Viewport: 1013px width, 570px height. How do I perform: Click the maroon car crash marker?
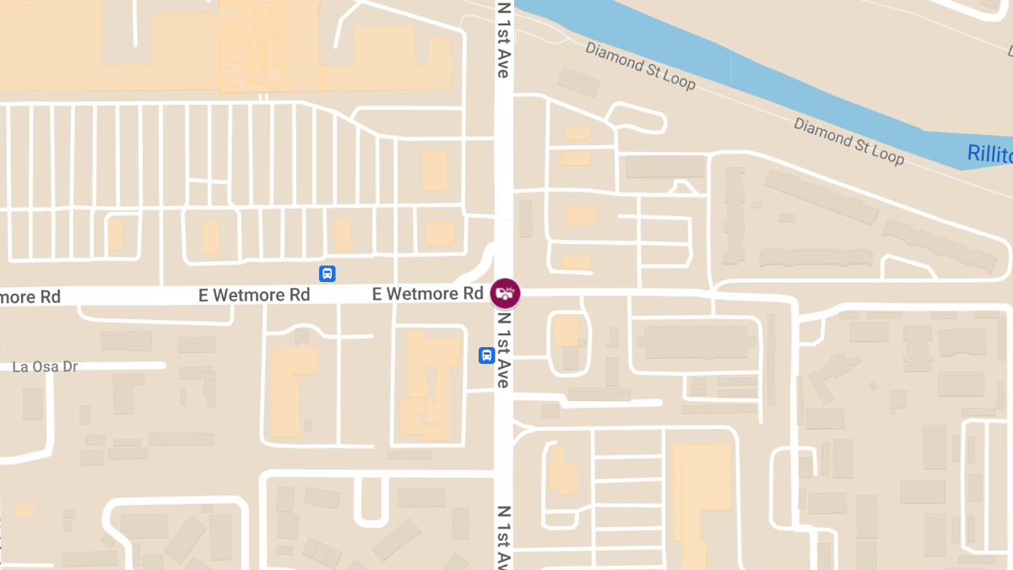(505, 293)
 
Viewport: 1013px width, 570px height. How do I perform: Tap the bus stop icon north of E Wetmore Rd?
(328, 274)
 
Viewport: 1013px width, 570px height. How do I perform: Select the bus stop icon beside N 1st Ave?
(486, 356)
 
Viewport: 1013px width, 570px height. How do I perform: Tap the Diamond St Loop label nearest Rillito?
(848, 140)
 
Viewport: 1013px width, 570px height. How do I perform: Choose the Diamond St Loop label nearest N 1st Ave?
(640, 66)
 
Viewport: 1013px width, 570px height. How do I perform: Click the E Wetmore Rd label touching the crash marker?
(427, 294)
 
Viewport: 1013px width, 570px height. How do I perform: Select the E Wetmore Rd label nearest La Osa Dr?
(254, 295)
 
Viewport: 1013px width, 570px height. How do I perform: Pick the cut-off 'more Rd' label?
(30, 296)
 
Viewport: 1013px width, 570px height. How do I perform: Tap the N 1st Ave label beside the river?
(503, 40)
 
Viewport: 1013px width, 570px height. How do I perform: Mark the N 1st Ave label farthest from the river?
(504, 537)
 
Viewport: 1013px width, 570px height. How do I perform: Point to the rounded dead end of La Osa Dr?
(161, 366)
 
